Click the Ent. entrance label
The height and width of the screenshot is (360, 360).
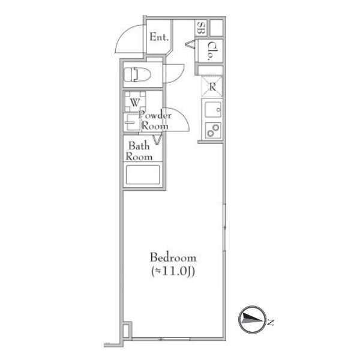pyautogui.click(x=159, y=37)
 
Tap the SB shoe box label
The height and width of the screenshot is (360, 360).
pyautogui.click(x=201, y=28)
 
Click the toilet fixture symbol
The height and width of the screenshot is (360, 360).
pyautogui.click(x=137, y=74)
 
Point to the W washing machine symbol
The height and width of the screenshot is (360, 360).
pyautogui.click(x=135, y=102)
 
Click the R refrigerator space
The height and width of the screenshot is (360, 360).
pyautogui.click(x=212, y=86)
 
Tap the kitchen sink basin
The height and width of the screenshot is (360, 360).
pyautogui.click(x=213, y=110)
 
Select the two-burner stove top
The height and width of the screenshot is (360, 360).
pyautogui.click(x=213, y=130)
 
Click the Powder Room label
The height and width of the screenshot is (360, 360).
pyautogui.click(x=155, y=121)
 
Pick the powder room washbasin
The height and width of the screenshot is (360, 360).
pyautogui.click(x=131, y=122)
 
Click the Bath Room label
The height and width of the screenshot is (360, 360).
pyautogui.click(x=139, y=151)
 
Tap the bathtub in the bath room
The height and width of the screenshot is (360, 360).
pyautogui.click(x=143, y=175)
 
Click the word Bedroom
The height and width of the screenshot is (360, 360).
pyautogui.click(x=173, y=257)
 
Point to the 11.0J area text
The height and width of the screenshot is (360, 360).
pyautogui.click(x=173, y=272)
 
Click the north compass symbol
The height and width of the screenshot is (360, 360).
pyautogui.click(x=253, y=320)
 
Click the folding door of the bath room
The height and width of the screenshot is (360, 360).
pyautogui.click(x=157, y=140)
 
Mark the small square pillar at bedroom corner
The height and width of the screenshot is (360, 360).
pyautogui.click(x=127, y=330)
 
